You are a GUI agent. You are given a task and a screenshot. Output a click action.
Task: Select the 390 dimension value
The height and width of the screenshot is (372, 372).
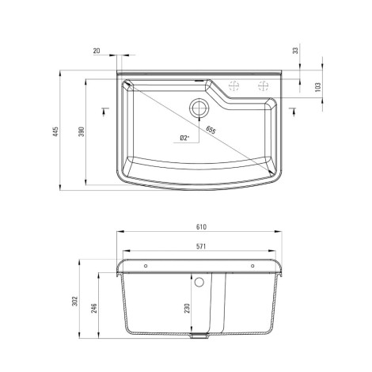(x=81, y=131)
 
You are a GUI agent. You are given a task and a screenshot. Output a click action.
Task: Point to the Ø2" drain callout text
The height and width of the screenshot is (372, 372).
(x=183, y=138)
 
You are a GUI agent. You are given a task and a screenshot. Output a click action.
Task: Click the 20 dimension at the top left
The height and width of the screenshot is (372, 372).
(x=97, y=51)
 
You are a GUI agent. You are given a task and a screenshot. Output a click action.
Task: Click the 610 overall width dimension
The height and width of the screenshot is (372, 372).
(x=201, y=227)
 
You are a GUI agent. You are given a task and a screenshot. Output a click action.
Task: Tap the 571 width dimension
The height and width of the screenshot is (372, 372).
(x=201, y=246)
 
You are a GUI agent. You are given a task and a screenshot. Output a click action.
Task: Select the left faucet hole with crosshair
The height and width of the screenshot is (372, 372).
(x=233, y=86)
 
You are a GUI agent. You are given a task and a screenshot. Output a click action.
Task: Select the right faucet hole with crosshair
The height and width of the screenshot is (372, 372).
(x=260, y=86)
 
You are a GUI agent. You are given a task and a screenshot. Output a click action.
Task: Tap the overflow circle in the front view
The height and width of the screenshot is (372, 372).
(x=199, y=283)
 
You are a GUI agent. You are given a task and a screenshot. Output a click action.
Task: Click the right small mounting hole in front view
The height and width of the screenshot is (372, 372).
(x=254, y=266)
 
